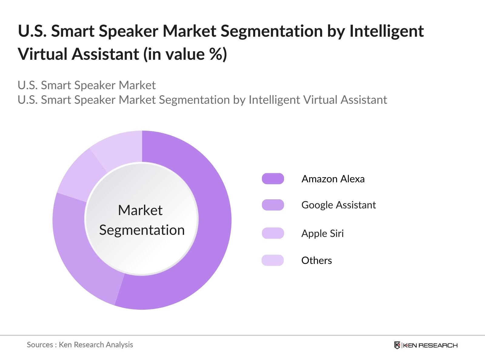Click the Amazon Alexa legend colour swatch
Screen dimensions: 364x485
click(273, 179)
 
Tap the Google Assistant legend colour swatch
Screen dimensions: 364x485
click(273, 205)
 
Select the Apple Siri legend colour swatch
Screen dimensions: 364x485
click(273, 233)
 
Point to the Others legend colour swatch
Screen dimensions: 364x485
click(273, 260)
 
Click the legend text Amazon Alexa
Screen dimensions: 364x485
click(333, 179)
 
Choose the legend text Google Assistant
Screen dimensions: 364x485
click(339, 205)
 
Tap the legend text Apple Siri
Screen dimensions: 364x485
click(323, 234)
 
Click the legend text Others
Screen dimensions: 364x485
click(316, 261)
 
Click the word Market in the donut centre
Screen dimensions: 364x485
click(140, 210)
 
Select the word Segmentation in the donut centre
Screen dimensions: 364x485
click(142, 230)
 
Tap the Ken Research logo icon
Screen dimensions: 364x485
click(397, 345)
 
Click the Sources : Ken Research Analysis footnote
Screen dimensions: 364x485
click(80, 345)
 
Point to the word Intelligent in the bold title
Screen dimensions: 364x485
click(386, 31)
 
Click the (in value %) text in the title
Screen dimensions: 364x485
click(185, 55)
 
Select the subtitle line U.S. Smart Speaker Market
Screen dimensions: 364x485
click(87, 85)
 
